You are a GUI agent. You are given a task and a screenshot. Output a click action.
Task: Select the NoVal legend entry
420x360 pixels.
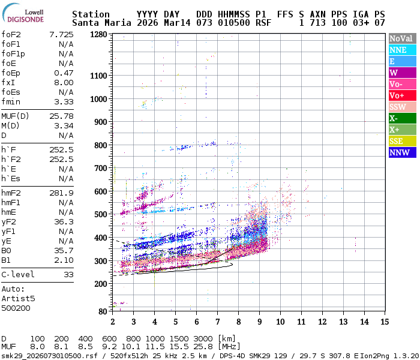click(x=400, y=38)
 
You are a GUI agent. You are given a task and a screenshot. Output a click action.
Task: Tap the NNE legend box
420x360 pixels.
click(x=400, y=50)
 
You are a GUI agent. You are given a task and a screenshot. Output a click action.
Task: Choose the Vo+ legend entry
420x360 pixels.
click(x=400, y=95)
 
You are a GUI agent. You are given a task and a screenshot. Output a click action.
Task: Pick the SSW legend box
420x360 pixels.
click(x=400, y=107)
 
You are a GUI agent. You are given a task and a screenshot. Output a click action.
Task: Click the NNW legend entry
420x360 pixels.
click(x=400, y=152)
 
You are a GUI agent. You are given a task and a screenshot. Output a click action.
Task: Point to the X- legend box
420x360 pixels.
click(x=400, y=118)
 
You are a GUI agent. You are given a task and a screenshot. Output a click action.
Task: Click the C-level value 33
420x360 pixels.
click(x=68, y=274)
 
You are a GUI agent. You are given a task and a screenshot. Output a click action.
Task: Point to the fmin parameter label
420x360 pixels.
click(x=11, y=101)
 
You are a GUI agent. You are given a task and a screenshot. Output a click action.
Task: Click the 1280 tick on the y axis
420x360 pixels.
click(x=99, y=35)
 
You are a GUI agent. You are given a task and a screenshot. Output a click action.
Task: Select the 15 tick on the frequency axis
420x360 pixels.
click(x=383, y=322)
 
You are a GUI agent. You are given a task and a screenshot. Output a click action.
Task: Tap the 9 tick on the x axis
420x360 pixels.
click(x=259, y=322)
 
